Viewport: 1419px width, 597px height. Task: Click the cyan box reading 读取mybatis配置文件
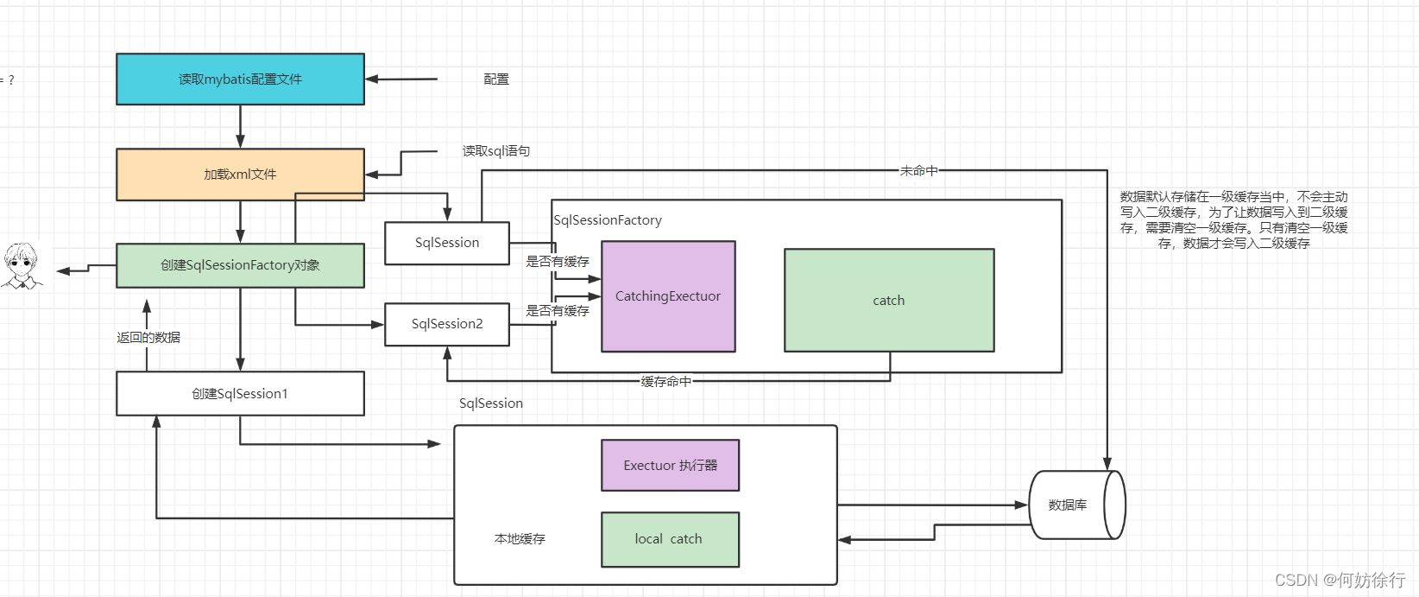coord(240,79)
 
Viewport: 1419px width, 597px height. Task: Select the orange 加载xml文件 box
coord(240,175)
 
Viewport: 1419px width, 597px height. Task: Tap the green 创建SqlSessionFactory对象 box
coord(240,265)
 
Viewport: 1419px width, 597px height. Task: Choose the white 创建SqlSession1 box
coord(240,394)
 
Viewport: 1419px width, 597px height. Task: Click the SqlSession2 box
coord(447,324)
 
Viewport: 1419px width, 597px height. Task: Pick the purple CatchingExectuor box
coord(668,296)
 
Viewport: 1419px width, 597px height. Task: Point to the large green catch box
coord(889,301)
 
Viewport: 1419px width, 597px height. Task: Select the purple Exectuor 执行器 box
coord(670,465)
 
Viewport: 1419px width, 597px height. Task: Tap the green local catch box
coord(670,539)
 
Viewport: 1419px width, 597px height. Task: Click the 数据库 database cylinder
coord(1077,505)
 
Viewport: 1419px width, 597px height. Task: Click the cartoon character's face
coord(22,259)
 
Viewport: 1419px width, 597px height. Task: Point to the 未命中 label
coord(918,170)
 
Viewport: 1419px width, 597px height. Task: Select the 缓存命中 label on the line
coord(665,382)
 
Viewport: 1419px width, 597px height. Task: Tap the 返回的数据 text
coord(148,337)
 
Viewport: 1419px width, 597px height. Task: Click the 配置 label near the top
coord(496,79)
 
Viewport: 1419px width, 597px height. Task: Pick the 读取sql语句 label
coord(496,151)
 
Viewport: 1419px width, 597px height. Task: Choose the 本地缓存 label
coord(520,539)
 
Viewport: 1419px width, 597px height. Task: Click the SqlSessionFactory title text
coord(608,220)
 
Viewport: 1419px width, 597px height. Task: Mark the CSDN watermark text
coord(1340,580)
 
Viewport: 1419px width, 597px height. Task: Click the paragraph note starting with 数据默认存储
coord(1233,220)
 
